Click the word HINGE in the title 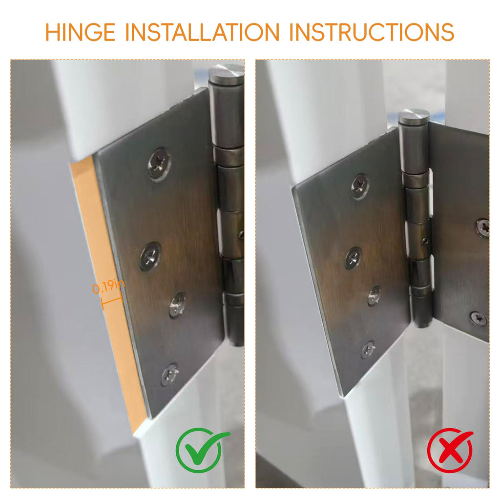(x=80, y=32)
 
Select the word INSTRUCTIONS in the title (x=372, y=32)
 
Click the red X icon (x=450, y=450)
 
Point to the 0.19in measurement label (x=108, y=286)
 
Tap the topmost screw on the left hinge (x=159, y=164)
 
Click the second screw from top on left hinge (x=150, y=256)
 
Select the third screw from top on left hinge (x=177, y=305)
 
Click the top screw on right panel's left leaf (x=360, y=187)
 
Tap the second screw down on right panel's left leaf (x=354, y=258)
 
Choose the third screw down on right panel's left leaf (x=375, y=296)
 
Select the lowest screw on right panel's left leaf (x=368, y=350)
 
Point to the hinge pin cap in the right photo (x=414, y=117)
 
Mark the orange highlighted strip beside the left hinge (x=107, y=293)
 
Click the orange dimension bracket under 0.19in (x=112, y=301)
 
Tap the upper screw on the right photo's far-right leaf (x=483, y=228)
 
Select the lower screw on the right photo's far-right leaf (x=479, y=318)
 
